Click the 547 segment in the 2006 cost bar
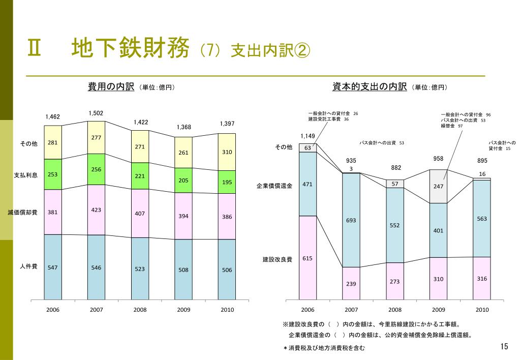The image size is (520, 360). pyautogui.click(x=53, y=267)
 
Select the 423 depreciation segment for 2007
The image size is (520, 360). pyautogui.click(x=97, y=209)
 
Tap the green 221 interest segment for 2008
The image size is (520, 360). pyautogui.click(x=140, y=175)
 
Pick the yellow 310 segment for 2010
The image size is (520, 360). pyautogui.click(x=227, y=152)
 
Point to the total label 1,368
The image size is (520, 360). pyautogui.click(x=184, y=127)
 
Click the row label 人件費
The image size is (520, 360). pyautogui.click(x=28, y=266)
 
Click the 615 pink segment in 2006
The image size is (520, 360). pyautogui.click(x=308, y=258)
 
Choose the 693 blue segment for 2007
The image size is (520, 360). pyautogui.click(x=351, y=220)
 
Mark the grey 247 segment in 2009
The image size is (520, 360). pyautogui.click(x=438, y=186)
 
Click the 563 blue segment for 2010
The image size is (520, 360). pyautogui.click(x=482, y=219)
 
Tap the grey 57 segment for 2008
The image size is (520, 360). pyautogui.click(x=394, y=184)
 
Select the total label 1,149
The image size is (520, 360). pyautogui.click(x=308, y=136)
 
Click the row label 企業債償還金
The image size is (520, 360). pyautogui.click(x=274, y=187)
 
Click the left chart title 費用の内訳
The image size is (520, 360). pyautogui.click(x=111, y=87)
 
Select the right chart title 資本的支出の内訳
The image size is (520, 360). pyautogui.click(x=370, y=87)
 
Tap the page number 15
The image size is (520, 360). pyautogui.click(x=504, y=347)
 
